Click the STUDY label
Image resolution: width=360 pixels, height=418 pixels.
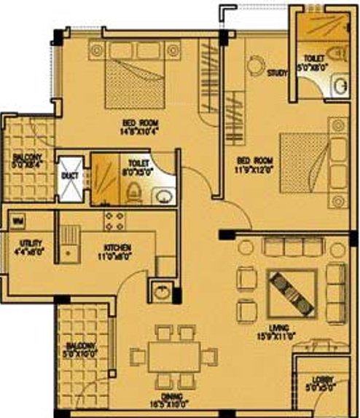(x=278, y=73)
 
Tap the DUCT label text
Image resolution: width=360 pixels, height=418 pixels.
(x=69, y=176)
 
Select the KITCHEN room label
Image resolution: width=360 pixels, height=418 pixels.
(x=117, y=248)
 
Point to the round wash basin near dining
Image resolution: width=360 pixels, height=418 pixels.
(x=163, y=293)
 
